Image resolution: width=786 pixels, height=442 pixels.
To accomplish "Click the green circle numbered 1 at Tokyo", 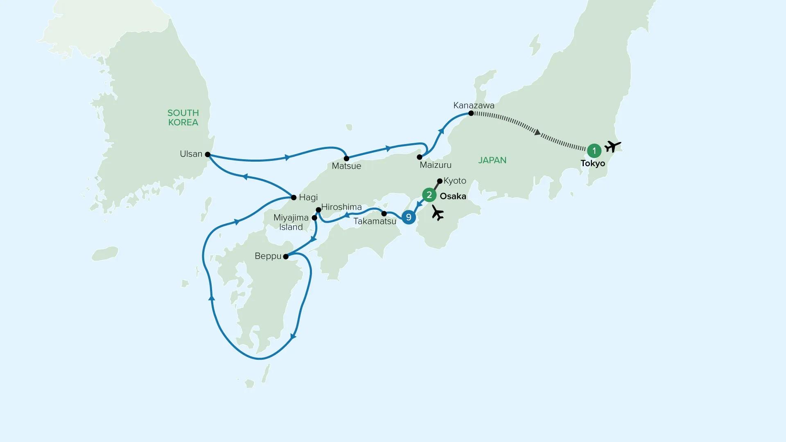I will coord(594,151).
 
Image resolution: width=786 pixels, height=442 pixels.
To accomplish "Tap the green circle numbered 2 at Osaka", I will coord(429,195).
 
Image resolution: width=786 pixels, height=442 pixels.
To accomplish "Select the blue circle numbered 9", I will coord(409,217).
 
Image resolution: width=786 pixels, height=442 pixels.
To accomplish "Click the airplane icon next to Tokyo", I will coord(613,146).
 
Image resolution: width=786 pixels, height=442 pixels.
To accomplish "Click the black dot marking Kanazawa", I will coord(471,113).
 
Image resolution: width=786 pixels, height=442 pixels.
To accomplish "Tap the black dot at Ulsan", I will coord(208,155).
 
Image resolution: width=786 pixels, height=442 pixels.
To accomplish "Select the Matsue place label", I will coord(346,166).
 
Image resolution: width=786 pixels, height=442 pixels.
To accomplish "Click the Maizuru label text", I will coord(436,165).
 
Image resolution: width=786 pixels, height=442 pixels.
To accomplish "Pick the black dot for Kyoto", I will coord(440,180).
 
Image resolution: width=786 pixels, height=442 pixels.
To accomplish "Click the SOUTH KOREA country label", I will coord(183,117).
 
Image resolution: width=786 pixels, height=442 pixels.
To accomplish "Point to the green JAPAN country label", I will coord(492,160).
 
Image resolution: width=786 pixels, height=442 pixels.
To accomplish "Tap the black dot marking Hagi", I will coord(294,198).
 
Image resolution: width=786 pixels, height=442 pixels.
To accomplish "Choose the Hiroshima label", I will coord(341,207).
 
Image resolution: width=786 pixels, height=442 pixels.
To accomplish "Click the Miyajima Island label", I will coord(291,223).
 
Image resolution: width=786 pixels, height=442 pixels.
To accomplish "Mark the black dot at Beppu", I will coord(286,257).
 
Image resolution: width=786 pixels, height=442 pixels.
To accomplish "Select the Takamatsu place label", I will coord(375,221).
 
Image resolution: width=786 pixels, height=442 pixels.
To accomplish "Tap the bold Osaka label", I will coord(453,196).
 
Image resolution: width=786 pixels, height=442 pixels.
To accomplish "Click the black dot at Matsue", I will coord(346,158).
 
